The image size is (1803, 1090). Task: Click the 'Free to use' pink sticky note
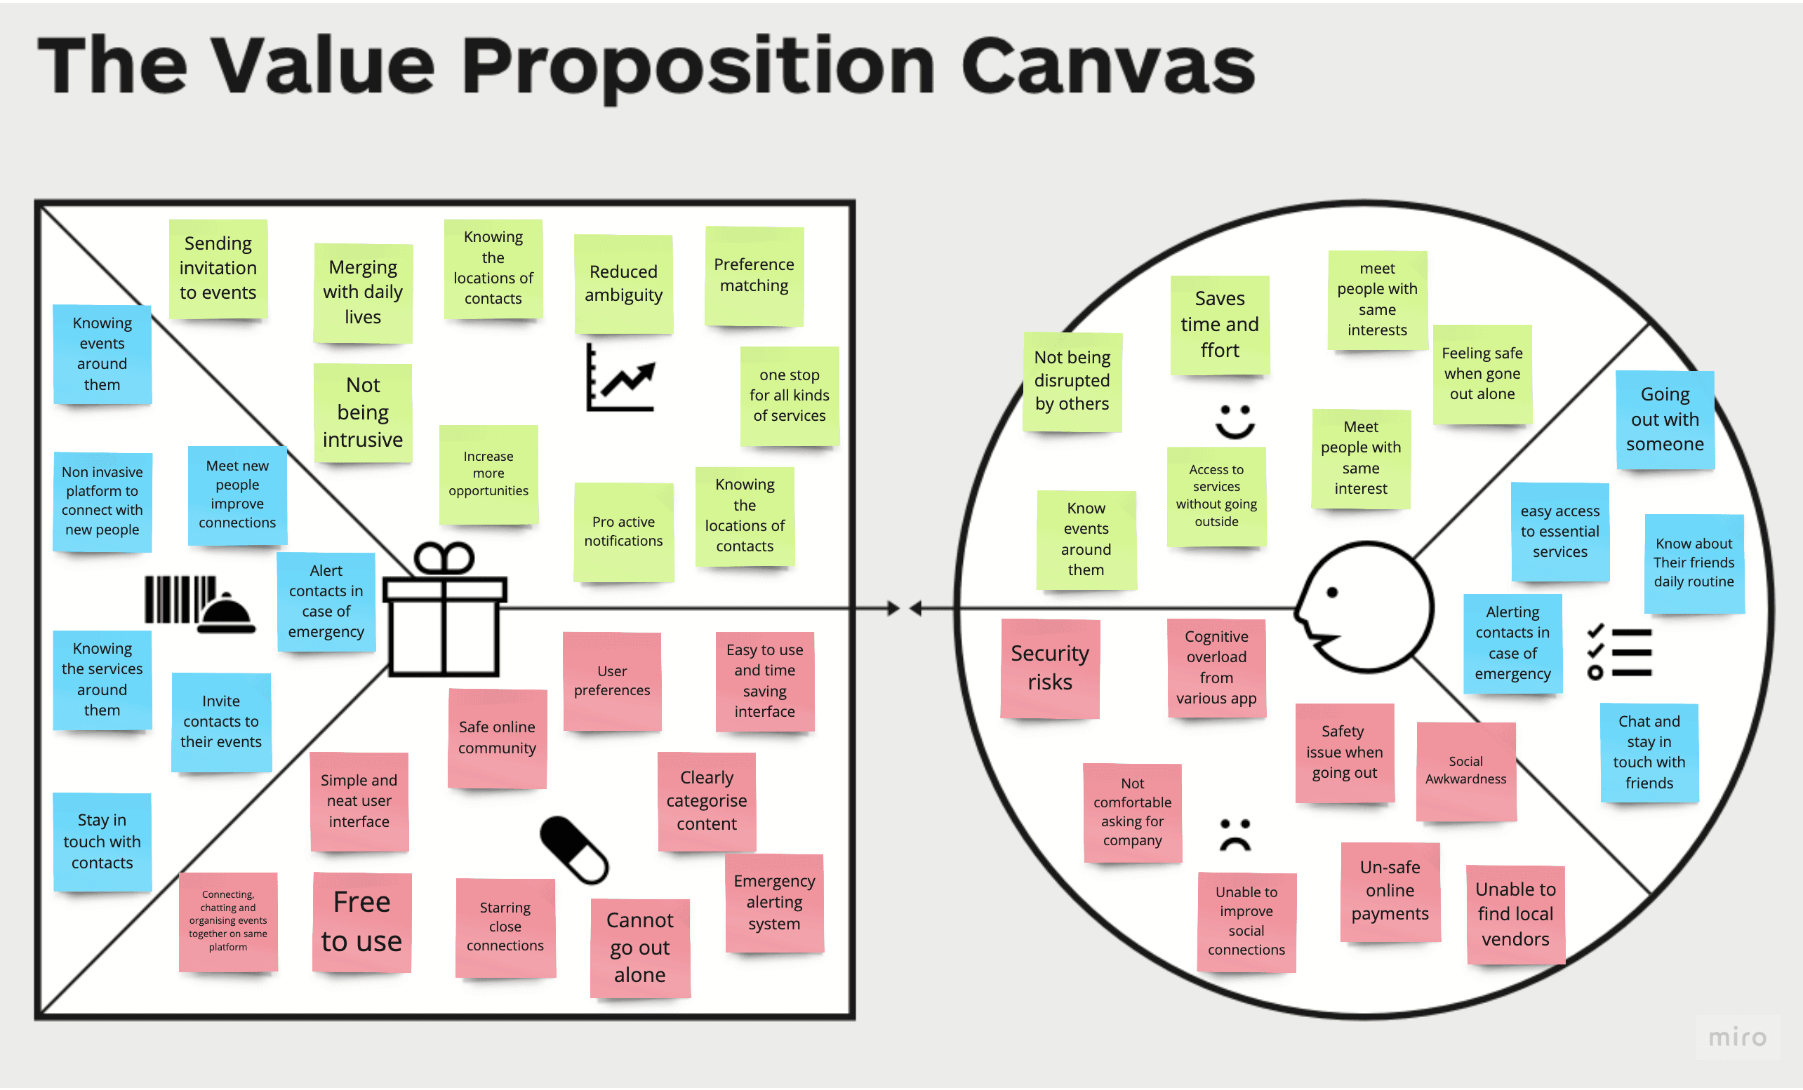pos(361,922)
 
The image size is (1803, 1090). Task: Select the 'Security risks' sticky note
pos(1049,668)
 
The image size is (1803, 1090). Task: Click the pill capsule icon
pos(574,850)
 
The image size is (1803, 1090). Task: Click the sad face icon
pos(1235,835)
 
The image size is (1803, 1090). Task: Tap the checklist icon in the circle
pos(1619,652)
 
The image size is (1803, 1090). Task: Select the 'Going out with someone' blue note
pos(1665,420)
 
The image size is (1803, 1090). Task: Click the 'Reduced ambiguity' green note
pos(623,284)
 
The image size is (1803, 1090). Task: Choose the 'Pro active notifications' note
pos(623,532)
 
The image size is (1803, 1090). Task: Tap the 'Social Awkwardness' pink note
pos(1465,771)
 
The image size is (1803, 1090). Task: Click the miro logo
pos(1737,1037)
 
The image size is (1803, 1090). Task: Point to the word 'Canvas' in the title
pos(1108,66)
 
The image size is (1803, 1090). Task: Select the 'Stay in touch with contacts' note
pos(102,841)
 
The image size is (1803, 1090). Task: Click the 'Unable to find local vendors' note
pos(1515,915)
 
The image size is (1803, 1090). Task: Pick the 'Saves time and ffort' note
pos(1220,325)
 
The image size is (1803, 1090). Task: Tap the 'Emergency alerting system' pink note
pos(774,903)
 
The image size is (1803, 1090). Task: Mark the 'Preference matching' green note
pos(754,276)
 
